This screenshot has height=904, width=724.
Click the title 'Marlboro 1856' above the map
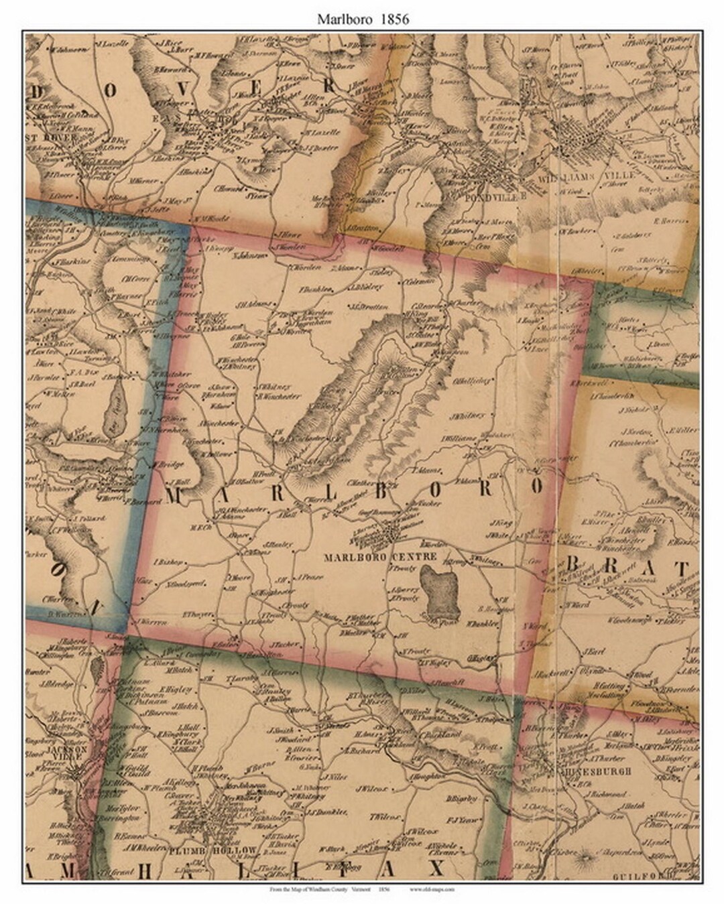363,19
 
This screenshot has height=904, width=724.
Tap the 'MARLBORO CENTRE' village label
379,557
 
